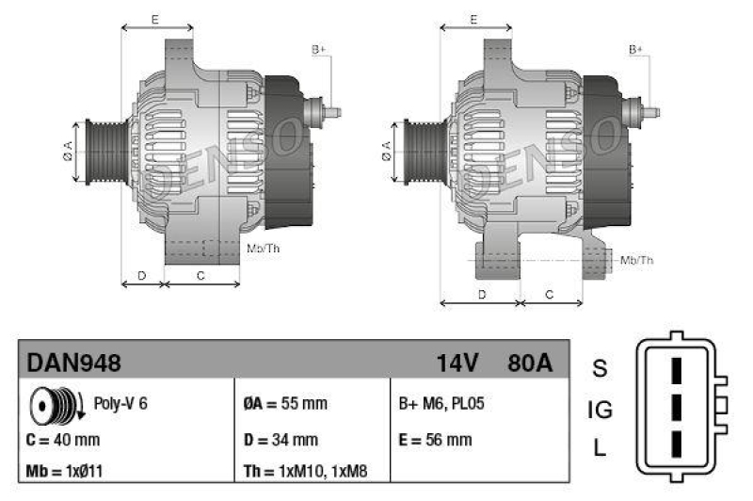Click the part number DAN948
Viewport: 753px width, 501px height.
click(74, 362)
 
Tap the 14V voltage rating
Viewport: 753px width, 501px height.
click(457, 362)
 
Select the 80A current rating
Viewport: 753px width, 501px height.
click(530, 362)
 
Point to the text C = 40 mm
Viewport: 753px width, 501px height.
click(64, 439)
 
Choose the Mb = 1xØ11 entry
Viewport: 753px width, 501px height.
click(65, 470)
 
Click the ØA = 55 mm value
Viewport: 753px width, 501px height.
click(284, 404)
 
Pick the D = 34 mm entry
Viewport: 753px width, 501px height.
click(280, 439)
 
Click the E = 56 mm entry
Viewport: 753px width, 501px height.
click(435, 439)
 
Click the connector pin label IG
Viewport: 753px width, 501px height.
click(601, 409)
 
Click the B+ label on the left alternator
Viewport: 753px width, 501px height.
click(319, 48)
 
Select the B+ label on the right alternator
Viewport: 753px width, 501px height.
click(637, 48)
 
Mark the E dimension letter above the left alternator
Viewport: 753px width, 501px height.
click(154, 19)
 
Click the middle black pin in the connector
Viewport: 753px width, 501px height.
click(674, 409)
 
